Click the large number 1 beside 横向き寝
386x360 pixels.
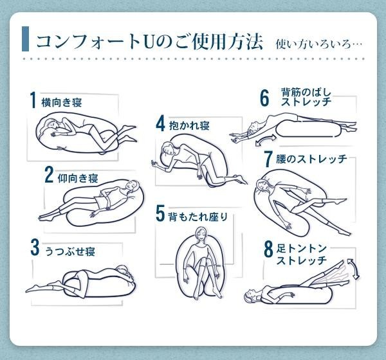[x=33, y=100]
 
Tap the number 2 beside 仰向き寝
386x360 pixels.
[x=49, y=174]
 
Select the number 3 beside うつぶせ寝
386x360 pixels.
[x=35, y=248]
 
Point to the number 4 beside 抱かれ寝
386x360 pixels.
[x=160, y=123]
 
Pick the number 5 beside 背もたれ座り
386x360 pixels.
[x=160, y=213]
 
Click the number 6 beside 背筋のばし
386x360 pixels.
[x=264, y=98]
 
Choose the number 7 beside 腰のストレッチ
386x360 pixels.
[x=268, y=159]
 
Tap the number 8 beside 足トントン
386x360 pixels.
[x=268, y=249]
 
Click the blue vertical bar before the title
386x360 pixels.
[x=25, y=39]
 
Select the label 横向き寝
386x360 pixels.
[x=62, y=102]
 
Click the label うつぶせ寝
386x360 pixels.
[x=70, y=251]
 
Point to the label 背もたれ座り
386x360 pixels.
[x=198, y=217]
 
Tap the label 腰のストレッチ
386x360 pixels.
[x=311, y=159]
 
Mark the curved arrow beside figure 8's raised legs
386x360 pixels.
[x=353, y=269]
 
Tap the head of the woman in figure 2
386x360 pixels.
[x=133, y=188]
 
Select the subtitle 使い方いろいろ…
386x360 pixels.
[x=319, y=44]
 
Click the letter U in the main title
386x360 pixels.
[x=149, y=42]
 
